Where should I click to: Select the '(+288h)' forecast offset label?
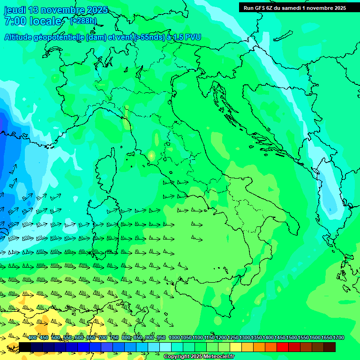83,21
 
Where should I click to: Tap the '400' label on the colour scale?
32,338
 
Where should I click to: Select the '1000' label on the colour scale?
173,338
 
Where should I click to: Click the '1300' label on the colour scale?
244,338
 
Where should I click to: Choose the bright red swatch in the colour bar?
283,347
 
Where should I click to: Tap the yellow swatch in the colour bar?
236,347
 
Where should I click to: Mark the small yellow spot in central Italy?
151,155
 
